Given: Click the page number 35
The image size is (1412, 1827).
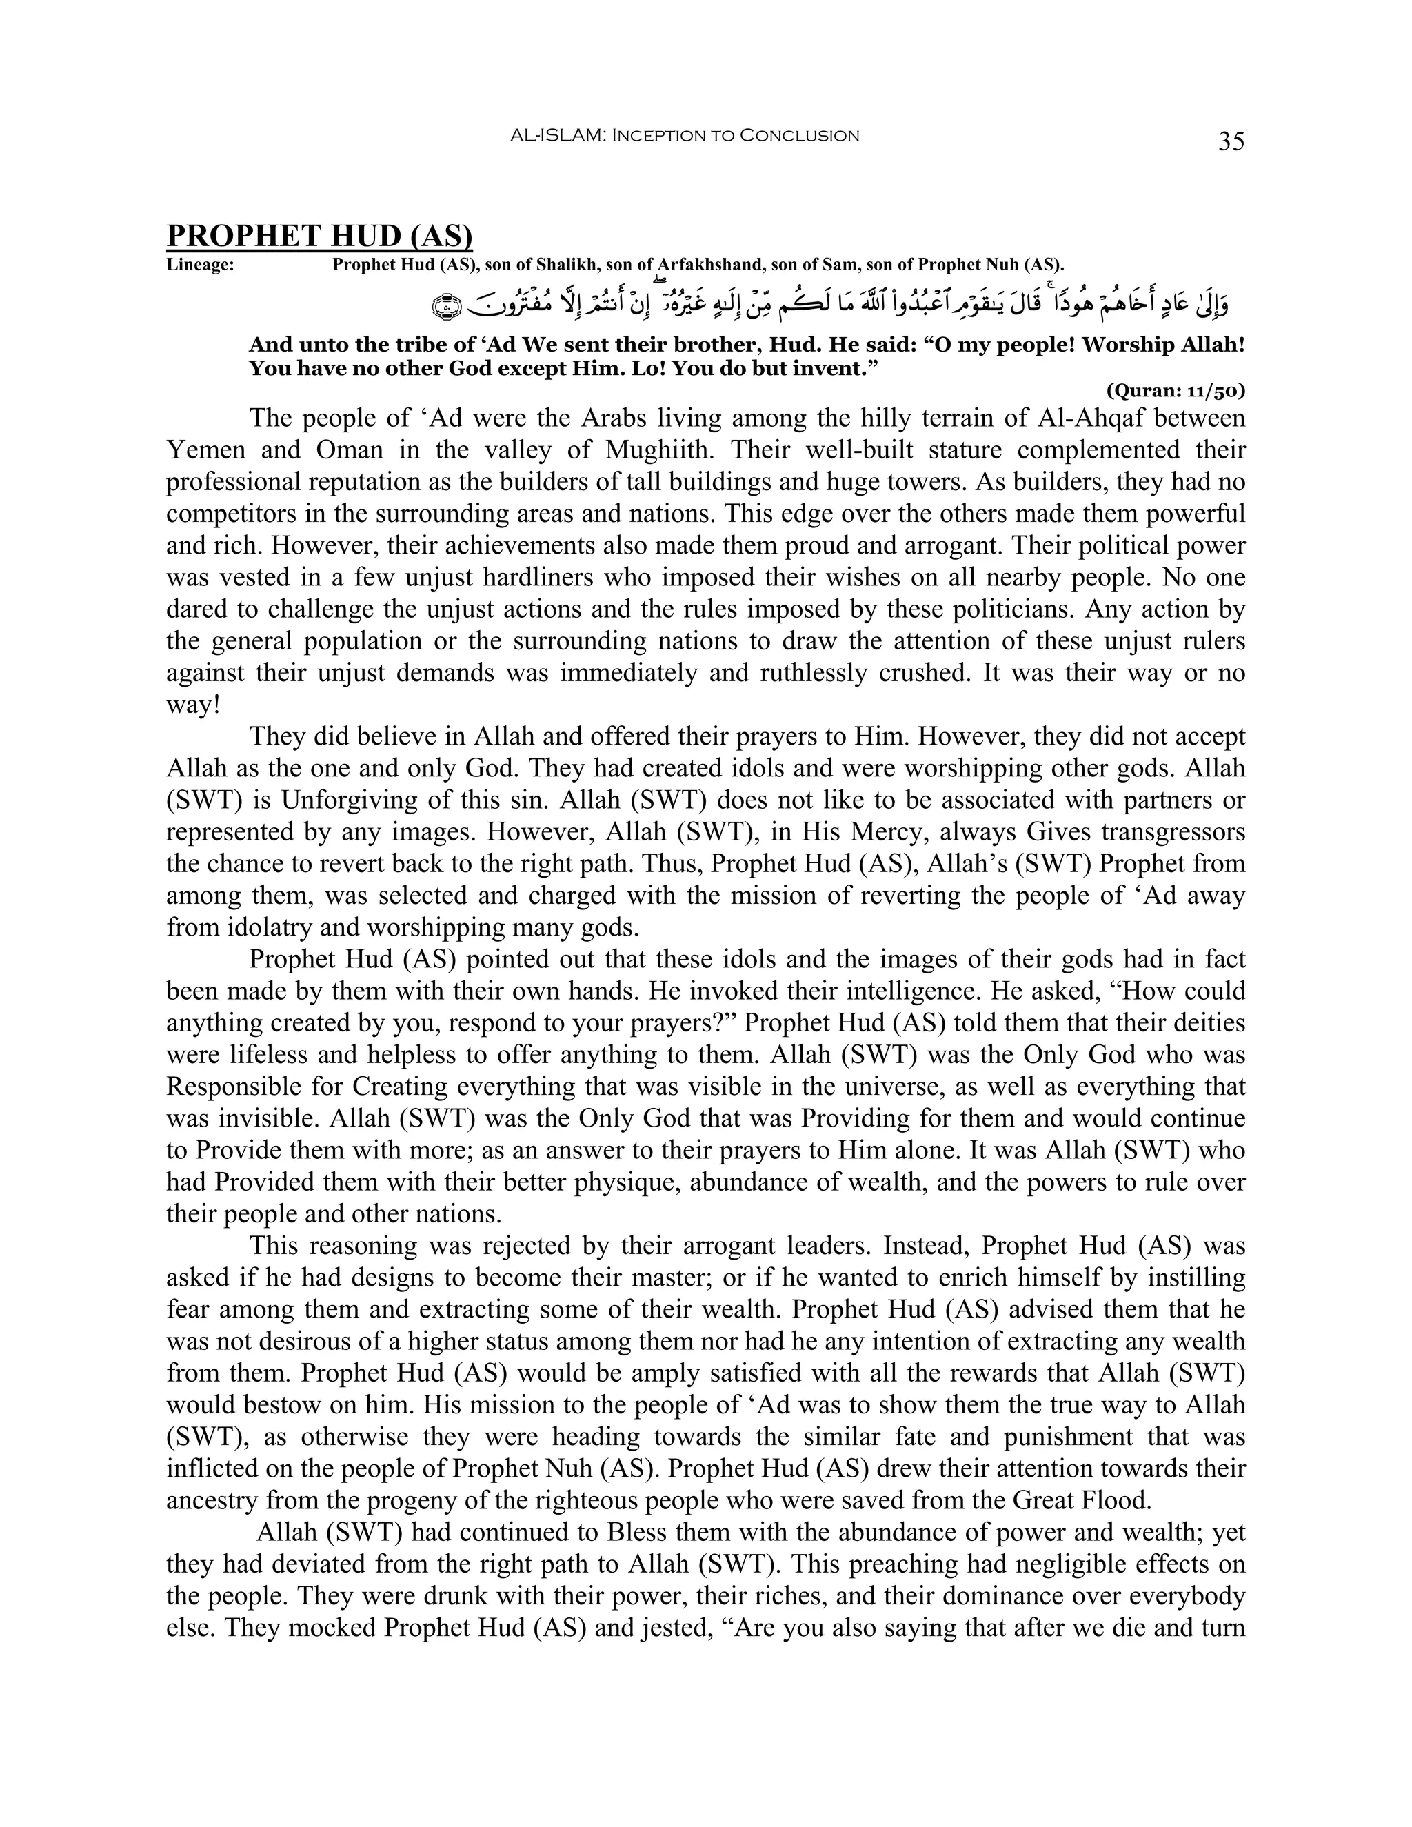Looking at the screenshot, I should tap(1231, 141).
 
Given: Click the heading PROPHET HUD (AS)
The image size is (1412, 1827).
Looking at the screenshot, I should tap(319, 236).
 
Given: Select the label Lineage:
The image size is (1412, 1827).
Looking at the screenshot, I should tap(200, 266).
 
